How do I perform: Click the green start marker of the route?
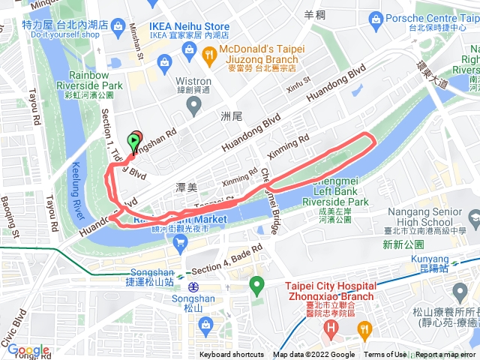point(134,140)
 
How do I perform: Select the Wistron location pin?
point(194,106)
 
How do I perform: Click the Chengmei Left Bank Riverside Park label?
point(324,191)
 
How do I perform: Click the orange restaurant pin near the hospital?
point(364,328)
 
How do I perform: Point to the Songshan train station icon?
point(193,286)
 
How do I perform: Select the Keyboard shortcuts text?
point(231,355)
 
